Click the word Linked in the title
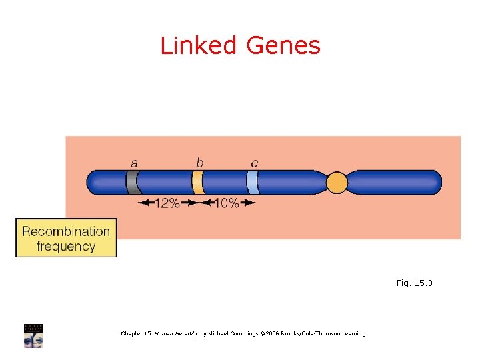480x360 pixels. (199, 45)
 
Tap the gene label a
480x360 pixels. (135, 163)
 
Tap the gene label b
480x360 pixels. (199, 162)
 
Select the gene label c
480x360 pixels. (254, 163)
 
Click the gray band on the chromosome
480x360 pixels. (131, 182)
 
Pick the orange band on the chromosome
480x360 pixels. (197, 182)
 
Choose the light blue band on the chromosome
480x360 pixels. (252, 182)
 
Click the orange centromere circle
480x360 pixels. (337, 182)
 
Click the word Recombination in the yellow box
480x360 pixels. (66, 231)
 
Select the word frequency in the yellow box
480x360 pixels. (66, 246)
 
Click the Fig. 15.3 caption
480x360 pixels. (414, 283)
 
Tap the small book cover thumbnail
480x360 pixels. (33, 335)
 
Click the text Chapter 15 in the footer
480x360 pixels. (136, 333)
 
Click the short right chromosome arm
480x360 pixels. (397, 182)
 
